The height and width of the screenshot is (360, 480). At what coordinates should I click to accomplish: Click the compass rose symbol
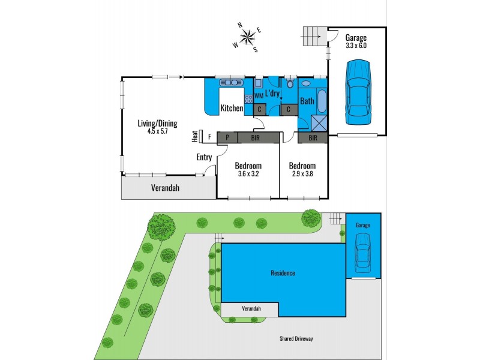246,37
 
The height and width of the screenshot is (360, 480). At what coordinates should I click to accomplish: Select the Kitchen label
232,109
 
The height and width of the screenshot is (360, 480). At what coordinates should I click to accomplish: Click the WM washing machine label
259,95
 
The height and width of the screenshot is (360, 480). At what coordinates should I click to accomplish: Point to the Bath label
307,101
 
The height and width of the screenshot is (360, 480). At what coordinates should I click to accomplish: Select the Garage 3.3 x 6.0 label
356,41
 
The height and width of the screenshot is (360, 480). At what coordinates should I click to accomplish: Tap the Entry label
204,157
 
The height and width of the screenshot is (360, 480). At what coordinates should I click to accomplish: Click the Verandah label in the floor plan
164,188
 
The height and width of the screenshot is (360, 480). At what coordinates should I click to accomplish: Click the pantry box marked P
227,137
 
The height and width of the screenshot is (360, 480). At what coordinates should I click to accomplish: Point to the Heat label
195,137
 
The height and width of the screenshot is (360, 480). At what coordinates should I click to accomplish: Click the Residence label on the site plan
283,274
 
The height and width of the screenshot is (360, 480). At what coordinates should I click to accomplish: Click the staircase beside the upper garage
312,37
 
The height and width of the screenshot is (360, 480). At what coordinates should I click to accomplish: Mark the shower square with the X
319,122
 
